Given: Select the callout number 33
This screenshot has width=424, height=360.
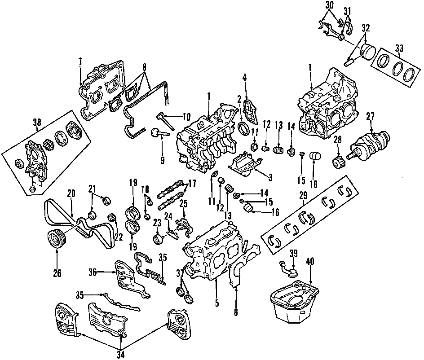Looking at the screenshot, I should (399, 47).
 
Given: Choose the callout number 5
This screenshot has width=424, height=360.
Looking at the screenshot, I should (217, 303).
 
